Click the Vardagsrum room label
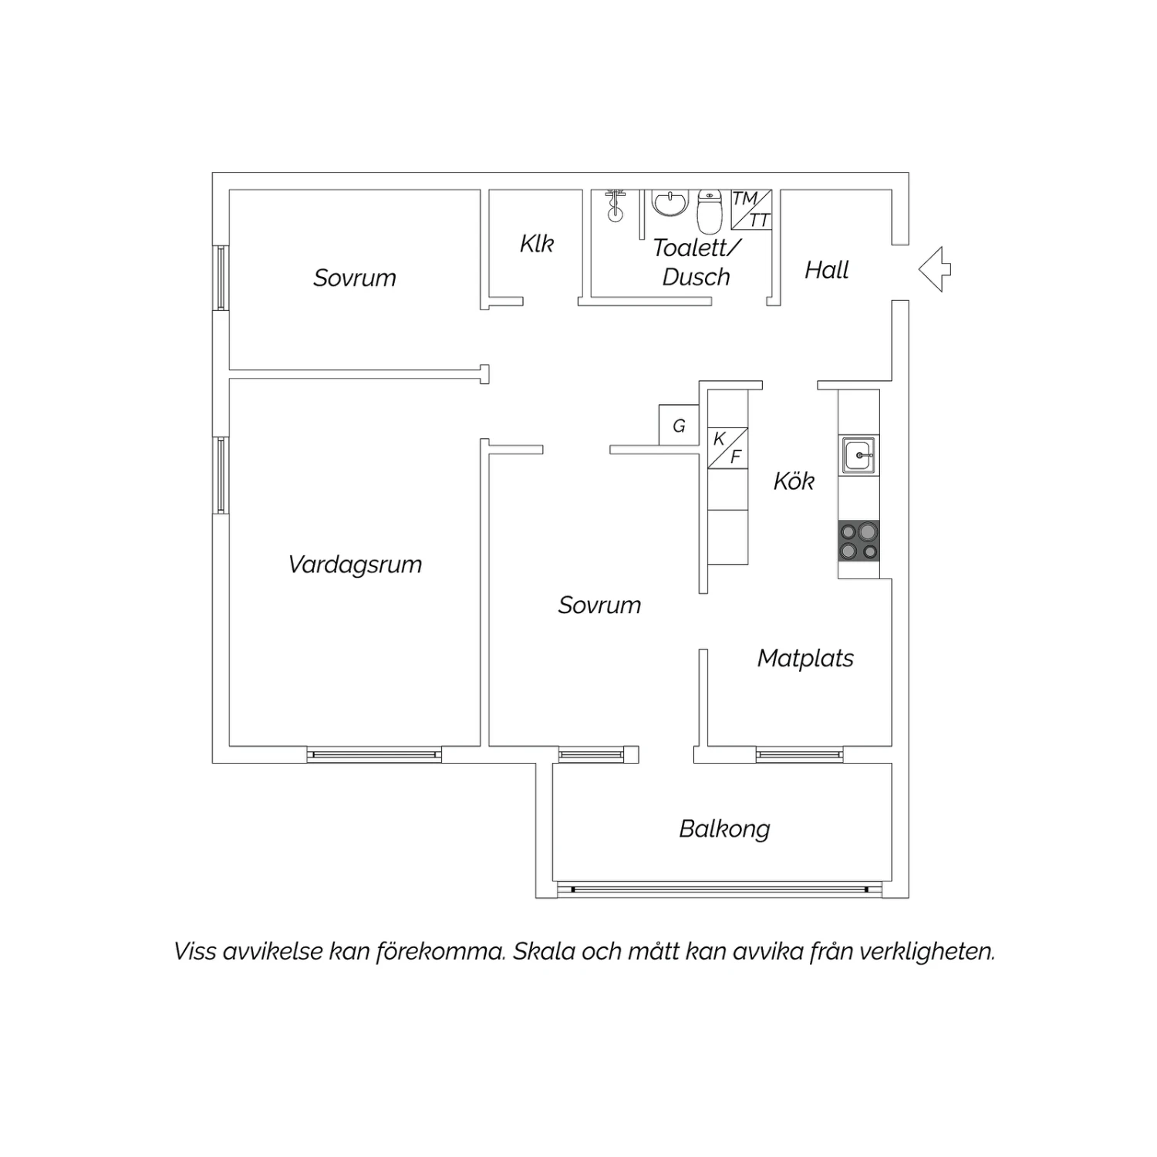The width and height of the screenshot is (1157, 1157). [x=355, y=565]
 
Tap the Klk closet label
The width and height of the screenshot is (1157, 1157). [x=537, y=244]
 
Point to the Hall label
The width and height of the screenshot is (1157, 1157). [x=826, y=270]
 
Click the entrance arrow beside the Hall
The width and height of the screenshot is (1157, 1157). [x=935, y=269]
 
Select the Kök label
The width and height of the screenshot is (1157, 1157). [x=794, y=481]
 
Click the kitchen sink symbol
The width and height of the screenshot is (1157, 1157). [x=858, y=455]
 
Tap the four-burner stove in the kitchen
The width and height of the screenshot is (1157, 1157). [x=858, y=541]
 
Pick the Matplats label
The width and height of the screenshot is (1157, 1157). [x=805, y=658]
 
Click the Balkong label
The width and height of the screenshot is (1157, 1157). [x=724, y=829]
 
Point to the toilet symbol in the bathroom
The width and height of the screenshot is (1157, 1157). [x=709, y=211]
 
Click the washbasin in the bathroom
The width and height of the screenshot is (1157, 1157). [x=670, y=204]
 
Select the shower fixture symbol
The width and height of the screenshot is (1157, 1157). [x=615, y=205]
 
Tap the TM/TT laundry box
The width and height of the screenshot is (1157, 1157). [x=751, y=210]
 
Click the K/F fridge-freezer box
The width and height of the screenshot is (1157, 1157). [x=728, y=448]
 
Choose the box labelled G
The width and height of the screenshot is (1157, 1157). [x=679, y=425]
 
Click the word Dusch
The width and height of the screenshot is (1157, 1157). [x=696, y=277]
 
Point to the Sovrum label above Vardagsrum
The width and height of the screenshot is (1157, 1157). [x=354, y=278]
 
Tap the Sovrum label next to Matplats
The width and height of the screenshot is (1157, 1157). [x=599, y=605]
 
